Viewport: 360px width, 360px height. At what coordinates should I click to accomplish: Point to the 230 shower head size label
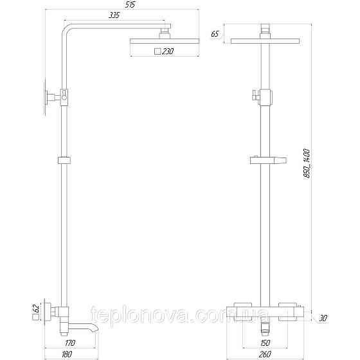click(166, 52)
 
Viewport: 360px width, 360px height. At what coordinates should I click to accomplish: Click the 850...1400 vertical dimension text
click(308, 163)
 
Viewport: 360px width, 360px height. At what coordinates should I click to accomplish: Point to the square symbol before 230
click(157, 52)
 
